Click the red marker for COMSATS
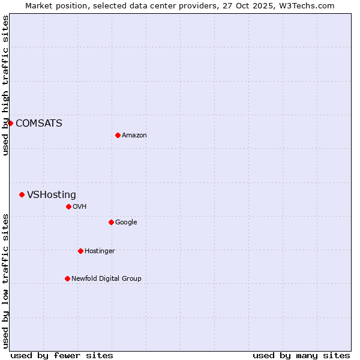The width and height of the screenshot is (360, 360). pos(10,123)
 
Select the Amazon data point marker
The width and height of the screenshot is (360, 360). pos(118,135)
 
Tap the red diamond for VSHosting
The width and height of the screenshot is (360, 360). pos(22,194)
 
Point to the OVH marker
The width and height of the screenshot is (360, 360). pos(68,206)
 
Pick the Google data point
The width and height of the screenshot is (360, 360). pos(111,222)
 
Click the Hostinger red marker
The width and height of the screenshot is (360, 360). pos(80,251)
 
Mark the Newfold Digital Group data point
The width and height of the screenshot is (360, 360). pos(67,278)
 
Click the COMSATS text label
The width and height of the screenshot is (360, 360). pos(38,124)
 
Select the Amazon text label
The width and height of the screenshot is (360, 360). pos(134,136)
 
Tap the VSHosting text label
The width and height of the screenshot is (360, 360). pos(51,195)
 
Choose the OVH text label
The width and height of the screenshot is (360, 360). pos(79,207)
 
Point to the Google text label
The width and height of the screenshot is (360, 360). pos(126,223)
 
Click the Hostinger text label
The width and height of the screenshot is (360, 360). pos(100,251)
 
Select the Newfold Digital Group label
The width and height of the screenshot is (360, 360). pos(106,279)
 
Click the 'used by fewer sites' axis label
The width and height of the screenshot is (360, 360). pos(62,356)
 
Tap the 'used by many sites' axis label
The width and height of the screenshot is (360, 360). pos(301,356)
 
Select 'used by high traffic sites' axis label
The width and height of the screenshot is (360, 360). pos(5,85)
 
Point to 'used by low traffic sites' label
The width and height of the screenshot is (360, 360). pos(5,281)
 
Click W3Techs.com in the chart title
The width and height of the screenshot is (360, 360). pos(310,6)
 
